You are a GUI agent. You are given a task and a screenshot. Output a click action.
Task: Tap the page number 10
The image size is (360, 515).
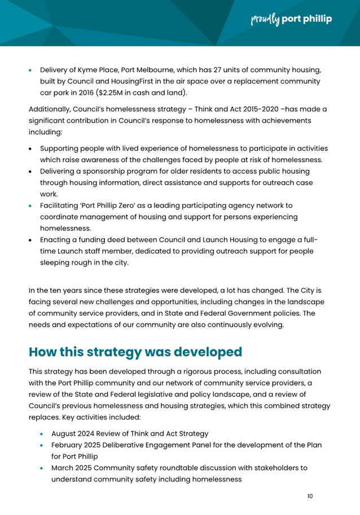[310, 496]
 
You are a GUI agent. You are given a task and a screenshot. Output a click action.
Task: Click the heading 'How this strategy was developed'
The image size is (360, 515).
[135, 352]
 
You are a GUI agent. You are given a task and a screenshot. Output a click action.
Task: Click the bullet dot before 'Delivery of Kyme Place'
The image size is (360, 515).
[32, 71]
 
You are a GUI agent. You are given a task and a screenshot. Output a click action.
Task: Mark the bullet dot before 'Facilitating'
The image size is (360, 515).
[32, 206]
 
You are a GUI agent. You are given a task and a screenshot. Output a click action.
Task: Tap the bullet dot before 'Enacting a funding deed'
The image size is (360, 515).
[32, 240]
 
